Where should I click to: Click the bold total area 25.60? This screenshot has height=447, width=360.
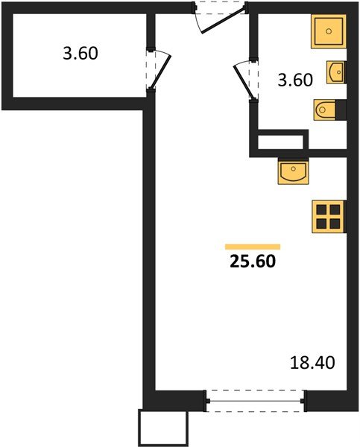(x=253, y=261)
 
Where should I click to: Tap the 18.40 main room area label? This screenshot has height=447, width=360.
(x=312, y=364)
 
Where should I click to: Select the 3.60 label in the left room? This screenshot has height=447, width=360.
(x=79, y=54)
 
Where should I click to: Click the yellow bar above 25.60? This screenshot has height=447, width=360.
(x=253, y=246)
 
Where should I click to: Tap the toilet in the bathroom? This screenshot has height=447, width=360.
(x=329, y=110)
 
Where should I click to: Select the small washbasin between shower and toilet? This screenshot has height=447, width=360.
(x=335, y=73)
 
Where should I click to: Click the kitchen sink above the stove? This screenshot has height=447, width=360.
(x=294, y=171)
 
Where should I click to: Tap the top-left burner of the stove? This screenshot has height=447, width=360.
(x=322, y=208)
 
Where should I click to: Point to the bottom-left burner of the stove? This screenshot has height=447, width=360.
(x=322, y=222)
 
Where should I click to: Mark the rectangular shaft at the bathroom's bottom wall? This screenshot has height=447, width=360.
(x=281, y=142)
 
